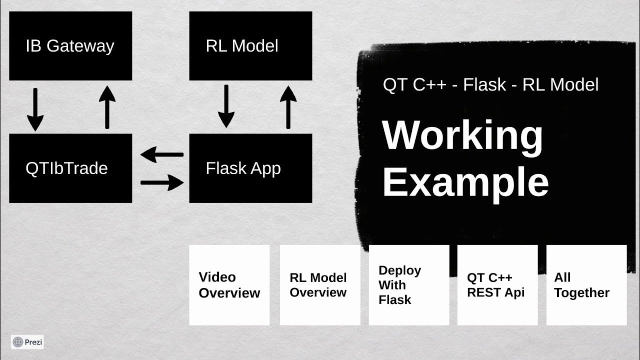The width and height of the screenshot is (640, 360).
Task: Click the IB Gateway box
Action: coord(70,46)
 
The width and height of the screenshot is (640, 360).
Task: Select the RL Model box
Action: coord(250,46)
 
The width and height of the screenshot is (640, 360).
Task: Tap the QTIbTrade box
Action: coord(70,168)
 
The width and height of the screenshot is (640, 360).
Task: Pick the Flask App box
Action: coord(250,168)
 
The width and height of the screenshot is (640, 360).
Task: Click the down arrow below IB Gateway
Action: coord(35,109)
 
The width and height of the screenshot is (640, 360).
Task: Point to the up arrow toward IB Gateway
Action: coord(107,107)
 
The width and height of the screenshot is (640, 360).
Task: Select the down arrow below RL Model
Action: coord(226,106)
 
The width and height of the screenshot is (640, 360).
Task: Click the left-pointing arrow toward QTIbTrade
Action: coord(161,155)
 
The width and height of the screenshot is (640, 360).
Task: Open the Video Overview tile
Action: coord(229,285)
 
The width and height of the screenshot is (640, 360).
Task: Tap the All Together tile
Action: coord(586,285)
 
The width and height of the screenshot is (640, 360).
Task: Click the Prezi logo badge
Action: coord(27,342)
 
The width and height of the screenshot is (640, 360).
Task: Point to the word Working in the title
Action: coord(462,136)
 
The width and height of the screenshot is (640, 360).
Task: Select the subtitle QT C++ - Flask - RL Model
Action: coord(490,85)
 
